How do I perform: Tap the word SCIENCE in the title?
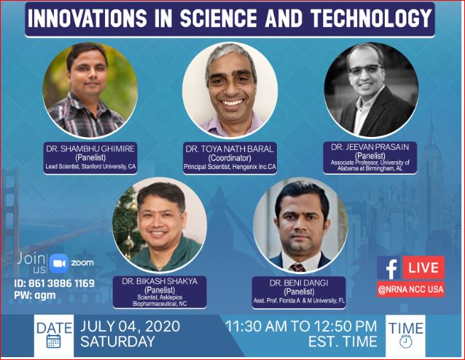(218, 18)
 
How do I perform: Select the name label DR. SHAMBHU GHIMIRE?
(90, 148)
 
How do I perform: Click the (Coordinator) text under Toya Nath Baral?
(229, 158)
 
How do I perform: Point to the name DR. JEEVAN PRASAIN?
(370, 147)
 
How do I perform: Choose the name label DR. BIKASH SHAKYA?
(160, 281)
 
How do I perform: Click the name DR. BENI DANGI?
(299, 283)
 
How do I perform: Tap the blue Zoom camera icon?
(59, 263)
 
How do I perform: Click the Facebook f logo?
(390, 268)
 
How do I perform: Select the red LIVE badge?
(424, 268)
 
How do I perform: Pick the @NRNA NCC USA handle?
(411, 290)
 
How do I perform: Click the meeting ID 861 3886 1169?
(54, 283)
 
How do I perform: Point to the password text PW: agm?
(35, 295)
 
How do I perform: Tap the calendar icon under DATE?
(54, 342)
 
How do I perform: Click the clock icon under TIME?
(405, 342)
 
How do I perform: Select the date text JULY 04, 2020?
(130, 326)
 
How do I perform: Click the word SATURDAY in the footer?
(117, 342)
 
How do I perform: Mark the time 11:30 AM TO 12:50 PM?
(301, 326)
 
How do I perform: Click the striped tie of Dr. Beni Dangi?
(297, 268)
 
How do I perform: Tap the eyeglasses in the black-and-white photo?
(366, 69)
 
